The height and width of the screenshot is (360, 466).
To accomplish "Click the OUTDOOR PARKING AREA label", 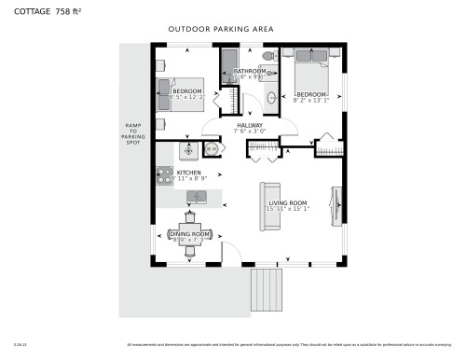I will [x=221, y=30].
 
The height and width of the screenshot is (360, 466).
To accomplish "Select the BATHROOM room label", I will [x=250, y=72].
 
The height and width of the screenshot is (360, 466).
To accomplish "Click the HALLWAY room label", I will [x=250, y=126].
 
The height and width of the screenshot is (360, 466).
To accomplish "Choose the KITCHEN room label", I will [x=189, y=173].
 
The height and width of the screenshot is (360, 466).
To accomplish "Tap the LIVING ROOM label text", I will [x=288, y=202].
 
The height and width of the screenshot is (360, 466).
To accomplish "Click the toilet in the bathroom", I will [x=268, y=57].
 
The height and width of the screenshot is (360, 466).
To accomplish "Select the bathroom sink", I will [x=271, y=96].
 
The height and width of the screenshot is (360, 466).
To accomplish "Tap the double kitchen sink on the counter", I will [x=197, y=196].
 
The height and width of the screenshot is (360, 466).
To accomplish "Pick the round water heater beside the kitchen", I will [x=211, y=148].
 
